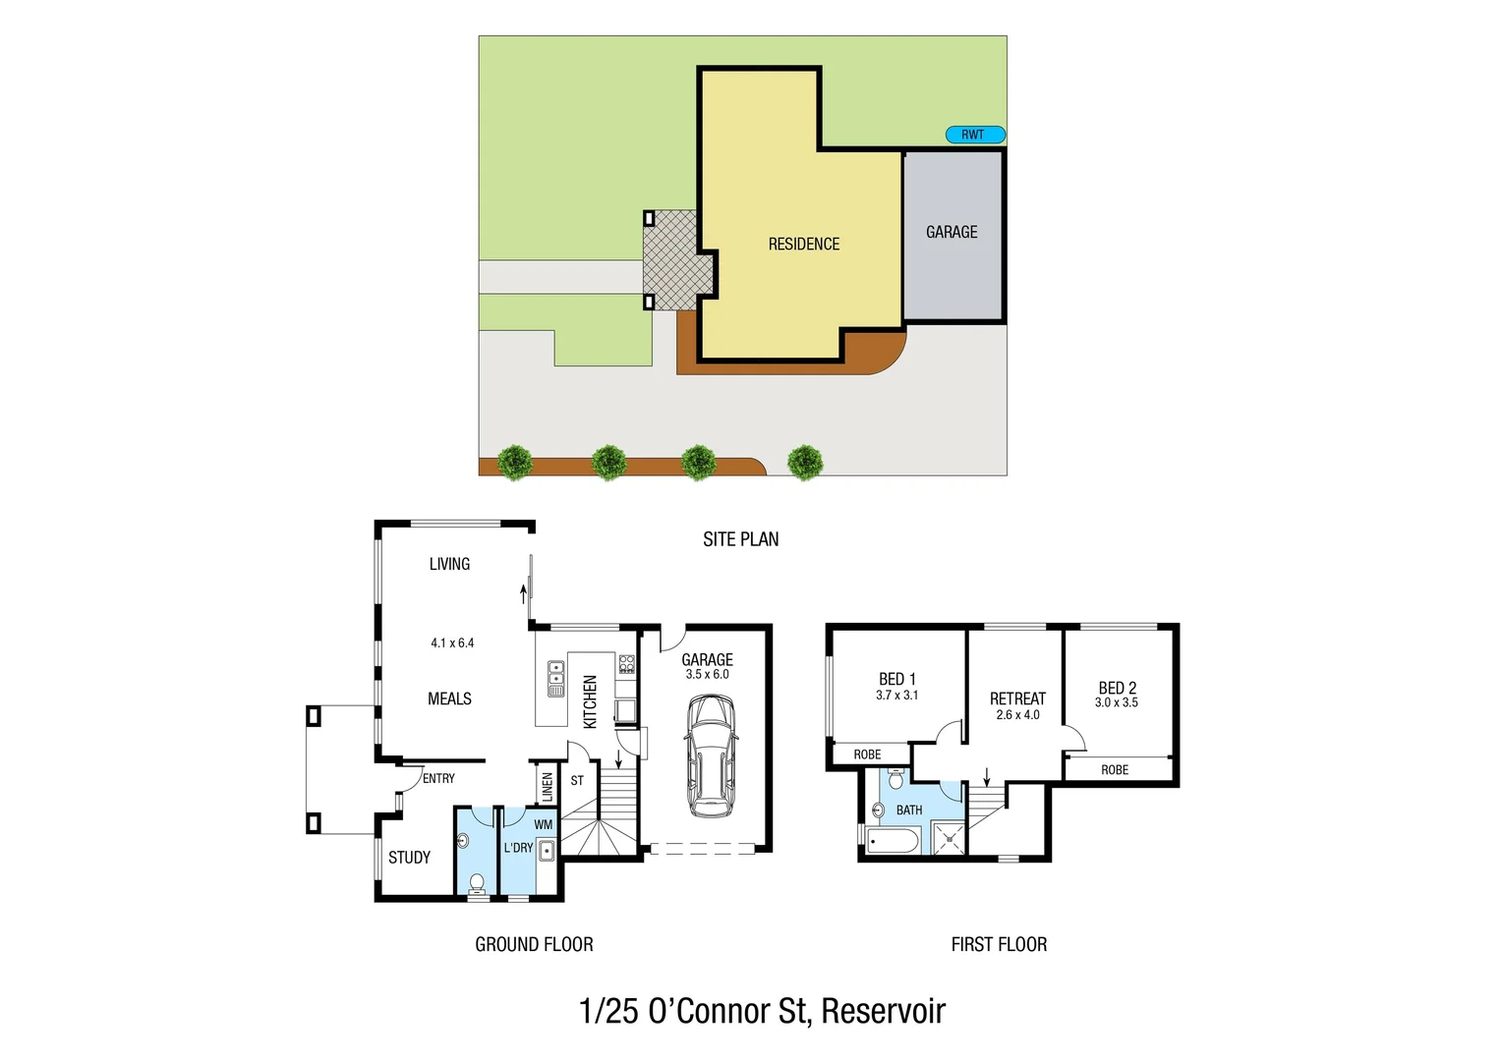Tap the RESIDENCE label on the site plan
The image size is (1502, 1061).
point(803,244)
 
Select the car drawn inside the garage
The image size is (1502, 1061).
point(711,755)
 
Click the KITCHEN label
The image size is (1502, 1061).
point(590,700)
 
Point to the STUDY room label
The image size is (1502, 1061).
point(409,858)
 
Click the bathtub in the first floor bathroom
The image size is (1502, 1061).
point(894,840)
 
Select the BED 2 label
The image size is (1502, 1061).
point(1117,688)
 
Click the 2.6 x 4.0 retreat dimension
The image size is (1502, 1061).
point(1017,715)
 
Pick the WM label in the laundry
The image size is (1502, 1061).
point(543,824)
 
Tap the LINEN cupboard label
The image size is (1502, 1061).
point(548,786)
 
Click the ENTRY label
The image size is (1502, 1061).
point(438,778)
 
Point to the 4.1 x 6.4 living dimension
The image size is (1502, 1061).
point(452,642)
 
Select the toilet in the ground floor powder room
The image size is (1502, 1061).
point(478,883)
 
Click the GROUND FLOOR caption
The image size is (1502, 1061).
point(534,944)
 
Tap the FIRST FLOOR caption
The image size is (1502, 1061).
point(999,944)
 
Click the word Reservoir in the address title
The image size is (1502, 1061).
point(883,1011)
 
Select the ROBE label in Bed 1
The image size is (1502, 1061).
point(867,754)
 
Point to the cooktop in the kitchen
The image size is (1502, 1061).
point(626,664)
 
